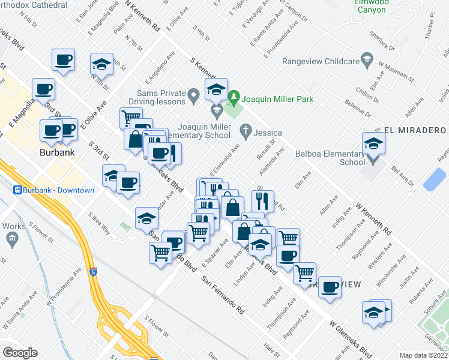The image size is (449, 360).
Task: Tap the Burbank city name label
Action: tap(58, 152)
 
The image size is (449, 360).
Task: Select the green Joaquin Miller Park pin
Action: tap(234, 97)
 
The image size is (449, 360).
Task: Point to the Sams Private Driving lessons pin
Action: tap(193, 94)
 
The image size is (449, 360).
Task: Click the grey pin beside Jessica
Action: tap(245, 130)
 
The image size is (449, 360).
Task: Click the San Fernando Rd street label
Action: tap(222, 296)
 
